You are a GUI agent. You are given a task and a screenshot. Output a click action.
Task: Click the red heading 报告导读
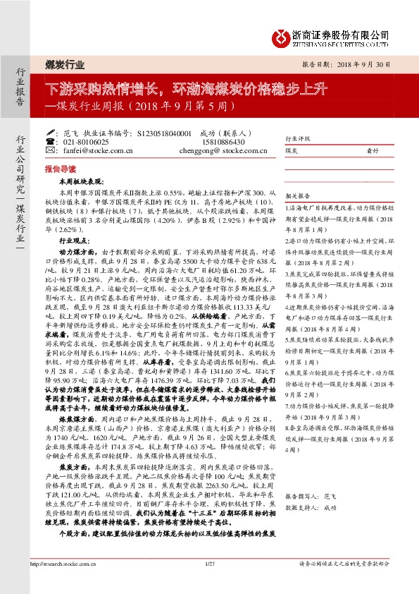(58, 170)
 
